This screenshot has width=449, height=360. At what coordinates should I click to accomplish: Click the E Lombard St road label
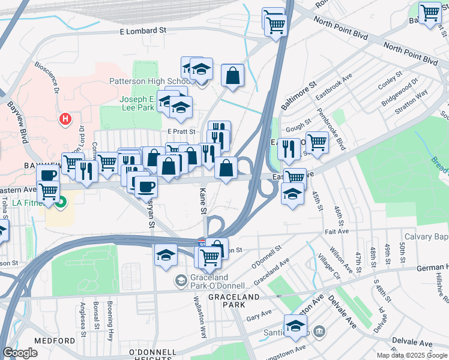click(143, 30)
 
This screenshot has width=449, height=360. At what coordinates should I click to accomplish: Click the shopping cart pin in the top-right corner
click(430, 13)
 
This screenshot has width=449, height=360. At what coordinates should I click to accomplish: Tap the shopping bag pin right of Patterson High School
click(232, 76)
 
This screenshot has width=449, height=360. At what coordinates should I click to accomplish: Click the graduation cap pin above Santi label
click(295, 326)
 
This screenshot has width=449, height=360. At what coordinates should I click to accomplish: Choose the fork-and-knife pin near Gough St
click(289, 148)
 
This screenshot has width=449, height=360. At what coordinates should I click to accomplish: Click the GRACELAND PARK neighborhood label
click(234, 297)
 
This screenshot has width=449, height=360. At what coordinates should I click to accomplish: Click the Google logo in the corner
click(20, 353)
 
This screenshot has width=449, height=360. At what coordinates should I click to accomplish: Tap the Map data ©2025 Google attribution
click(412, 355)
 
